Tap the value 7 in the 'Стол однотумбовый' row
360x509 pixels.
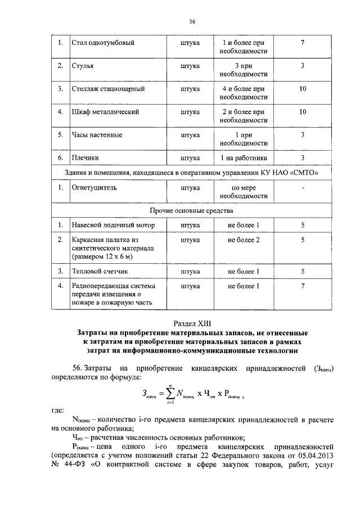click(303, 43)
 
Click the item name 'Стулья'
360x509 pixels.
click(83, 66)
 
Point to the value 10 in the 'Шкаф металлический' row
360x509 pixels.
click(303, 112)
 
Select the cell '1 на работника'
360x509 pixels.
click(243, 158)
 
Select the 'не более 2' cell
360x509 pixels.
click(243, 240)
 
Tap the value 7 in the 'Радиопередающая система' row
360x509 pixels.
click(303, 286)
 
